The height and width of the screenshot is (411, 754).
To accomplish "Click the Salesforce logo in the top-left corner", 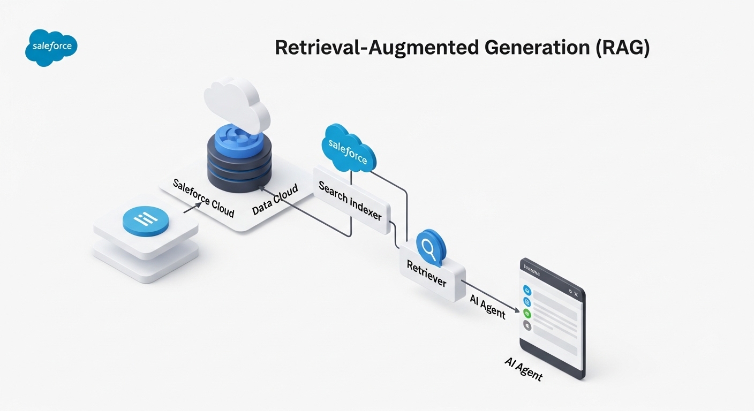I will coord(51,47).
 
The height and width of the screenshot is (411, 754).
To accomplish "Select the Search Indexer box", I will coord(351,201).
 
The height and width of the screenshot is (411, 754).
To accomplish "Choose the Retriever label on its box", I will coord(426,273).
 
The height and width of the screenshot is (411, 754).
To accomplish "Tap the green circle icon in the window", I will coord(527,314).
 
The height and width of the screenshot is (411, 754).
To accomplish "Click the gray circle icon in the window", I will coord(527,325).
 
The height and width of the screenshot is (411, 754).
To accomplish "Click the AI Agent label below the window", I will coord(523,369).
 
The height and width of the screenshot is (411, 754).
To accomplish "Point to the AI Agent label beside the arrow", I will coord(487,306).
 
